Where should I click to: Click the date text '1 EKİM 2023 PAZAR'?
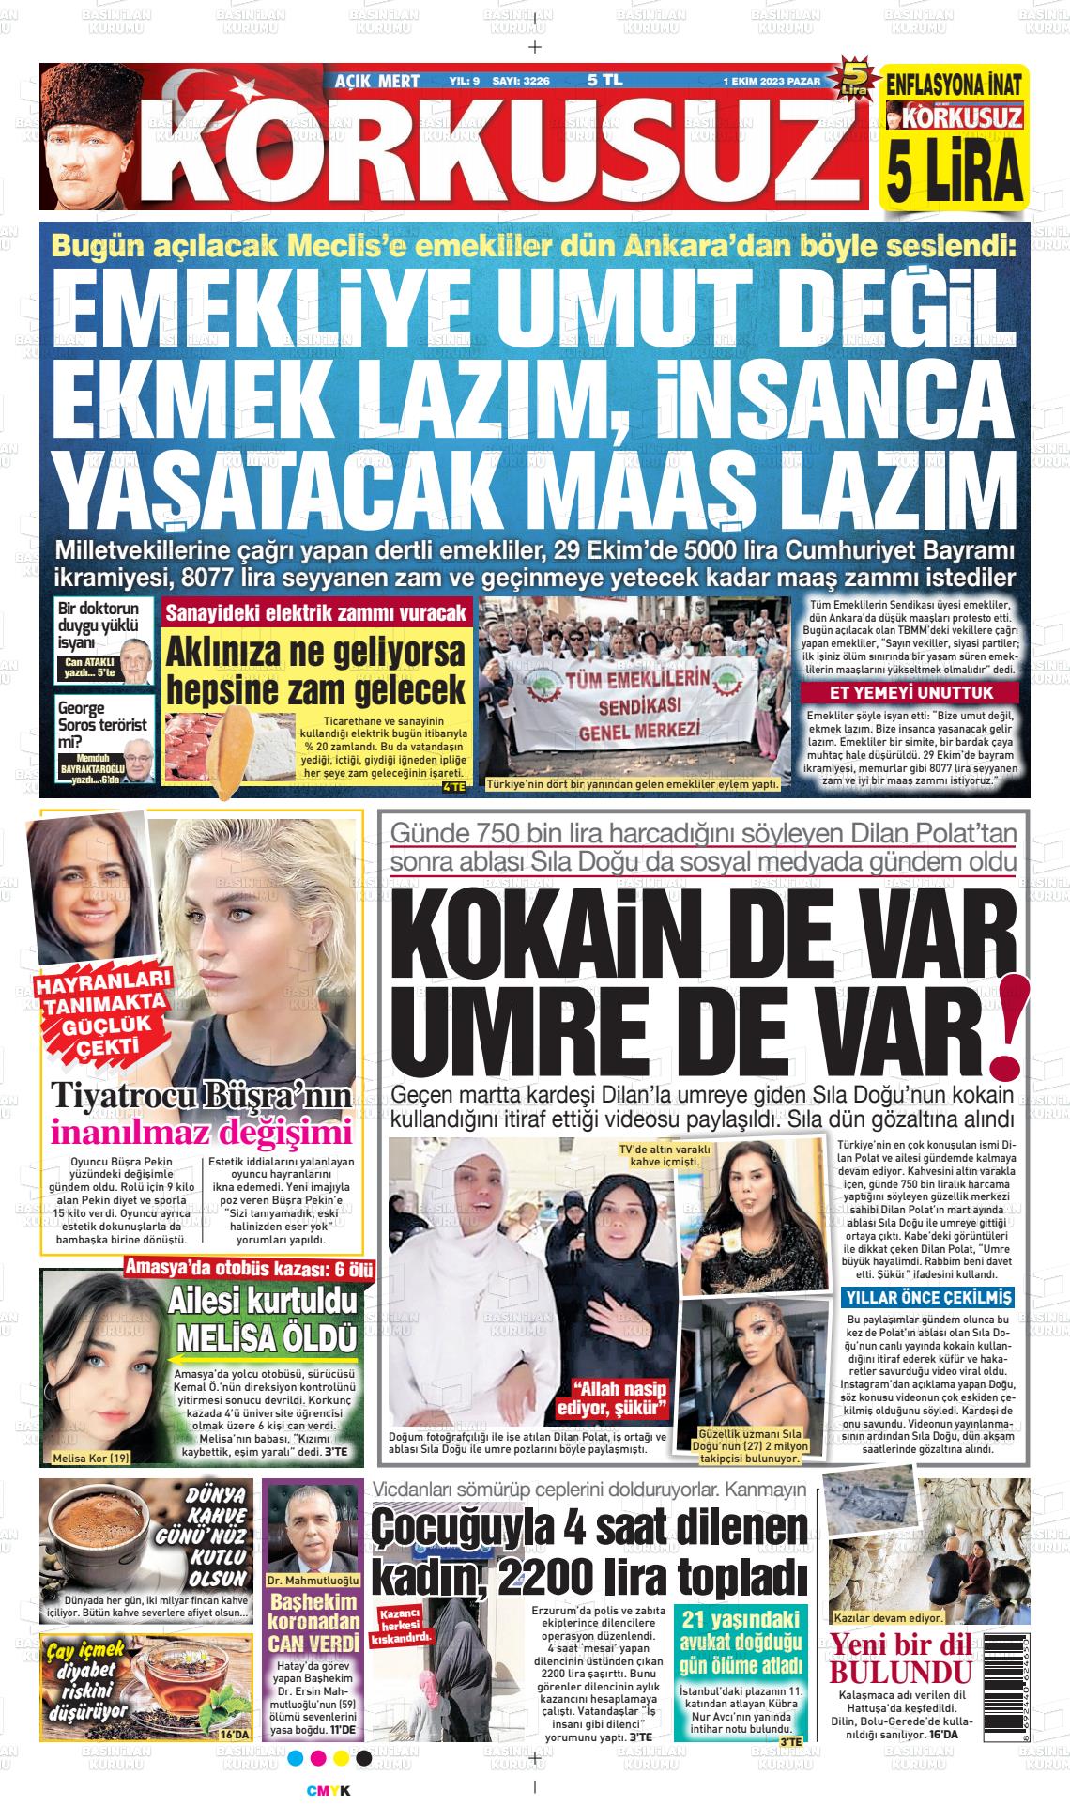click(771, 81)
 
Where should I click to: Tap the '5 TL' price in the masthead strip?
click(605, 81)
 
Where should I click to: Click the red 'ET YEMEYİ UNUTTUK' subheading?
click(910, 694)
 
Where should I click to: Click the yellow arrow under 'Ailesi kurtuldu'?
click(265, 1358)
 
